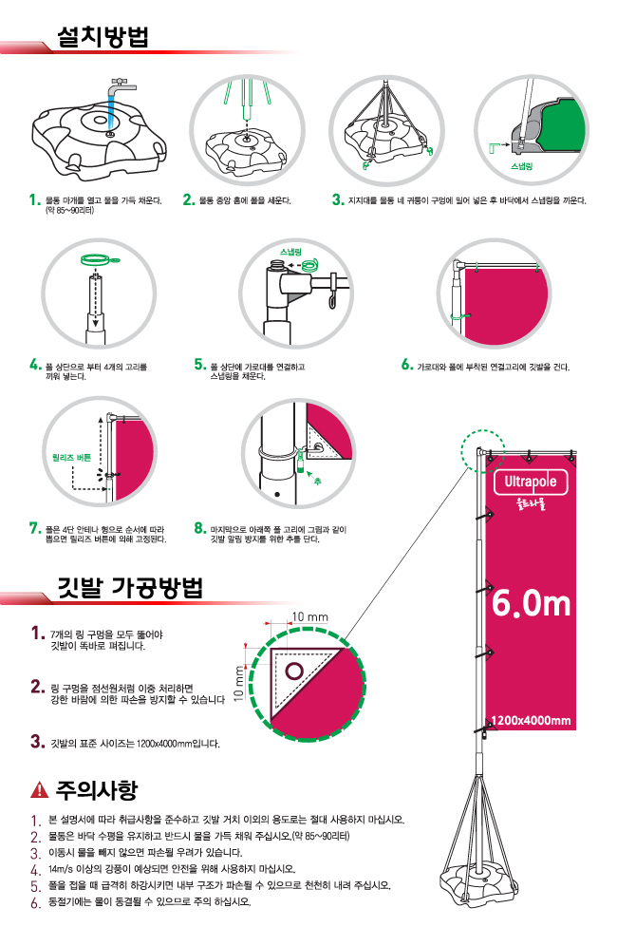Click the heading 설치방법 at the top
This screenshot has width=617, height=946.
[104, 37]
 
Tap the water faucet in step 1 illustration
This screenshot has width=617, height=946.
[118, 85]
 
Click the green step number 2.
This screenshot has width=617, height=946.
[188, 200]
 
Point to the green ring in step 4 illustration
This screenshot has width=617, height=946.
[96, 257]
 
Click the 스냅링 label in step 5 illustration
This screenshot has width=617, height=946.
[290, 251]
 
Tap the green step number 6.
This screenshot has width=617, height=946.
[406, 364]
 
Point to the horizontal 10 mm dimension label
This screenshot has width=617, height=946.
[309, 617]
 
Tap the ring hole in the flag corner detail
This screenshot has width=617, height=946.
[295, 672]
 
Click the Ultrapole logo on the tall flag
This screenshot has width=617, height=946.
[531, 482]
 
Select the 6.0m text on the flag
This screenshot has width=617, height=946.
[531, 603]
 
